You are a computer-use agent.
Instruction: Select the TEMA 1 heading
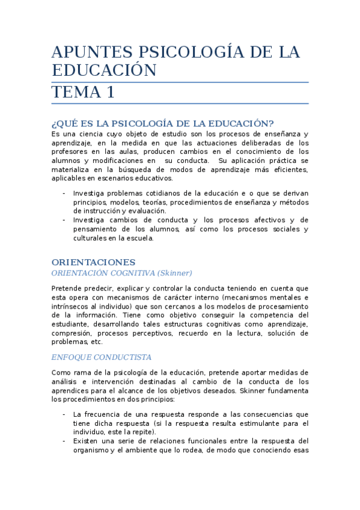pyautogui.click(x=83, y=93)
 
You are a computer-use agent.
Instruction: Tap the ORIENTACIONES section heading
pyautogui.click(x=93, y=262)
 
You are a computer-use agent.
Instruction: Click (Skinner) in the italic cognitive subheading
pyautogui.click(x=172, y=272)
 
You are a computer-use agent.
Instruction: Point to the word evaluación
pyautogui.click(x=145, y=211)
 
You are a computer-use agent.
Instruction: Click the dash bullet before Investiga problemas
pyautogui.click(x=64, y=193)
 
